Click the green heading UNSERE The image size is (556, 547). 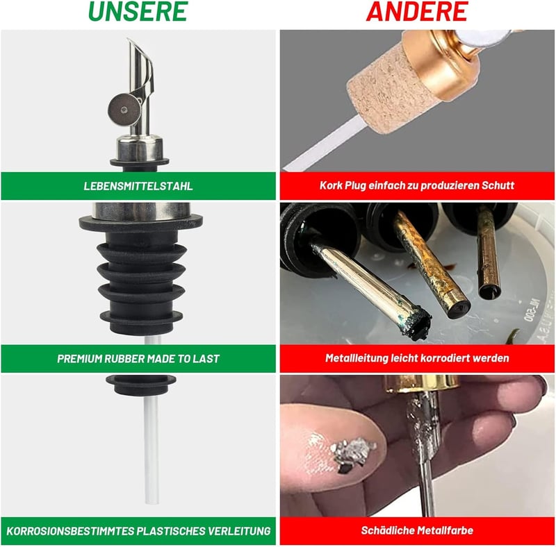(x=138, y=11)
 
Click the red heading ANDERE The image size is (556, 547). (x=418, y=11)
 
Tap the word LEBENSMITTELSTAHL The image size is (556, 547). (x=138, y=186)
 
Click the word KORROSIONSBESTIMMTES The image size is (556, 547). (x=70, y=531)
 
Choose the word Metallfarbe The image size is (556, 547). (x=445, y=530)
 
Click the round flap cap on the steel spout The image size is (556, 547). (x=124, y=110)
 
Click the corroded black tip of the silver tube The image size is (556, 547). (x=416, y=323)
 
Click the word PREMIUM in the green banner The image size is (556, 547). (x=79, y=359)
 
